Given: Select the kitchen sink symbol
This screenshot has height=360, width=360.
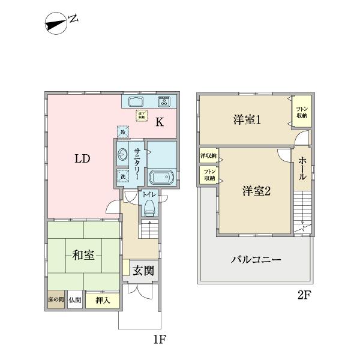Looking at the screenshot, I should (x=136, y=101).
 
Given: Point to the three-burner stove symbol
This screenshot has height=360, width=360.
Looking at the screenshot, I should (x=164, y=101).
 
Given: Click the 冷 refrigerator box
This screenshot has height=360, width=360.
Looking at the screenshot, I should (x=122, y=131).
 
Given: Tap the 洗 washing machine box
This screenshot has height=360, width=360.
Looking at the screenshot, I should (x=122, y=176).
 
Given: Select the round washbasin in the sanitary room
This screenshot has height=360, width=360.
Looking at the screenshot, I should (x=122, y=154).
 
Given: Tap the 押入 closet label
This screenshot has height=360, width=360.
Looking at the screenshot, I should (x=103, y=301).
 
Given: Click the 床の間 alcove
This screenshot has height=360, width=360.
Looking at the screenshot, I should (x=55, y=300).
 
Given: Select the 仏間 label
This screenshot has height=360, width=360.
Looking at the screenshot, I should (x=74, y=300).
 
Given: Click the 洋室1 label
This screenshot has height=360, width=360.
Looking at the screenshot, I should (x=247, y=120).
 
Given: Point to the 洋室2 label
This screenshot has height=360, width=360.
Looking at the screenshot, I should (x=257, y=191).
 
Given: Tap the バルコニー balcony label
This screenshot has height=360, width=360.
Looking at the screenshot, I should (x=256, y=260).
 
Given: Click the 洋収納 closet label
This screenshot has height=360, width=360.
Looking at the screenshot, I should (x=208, y=156).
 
